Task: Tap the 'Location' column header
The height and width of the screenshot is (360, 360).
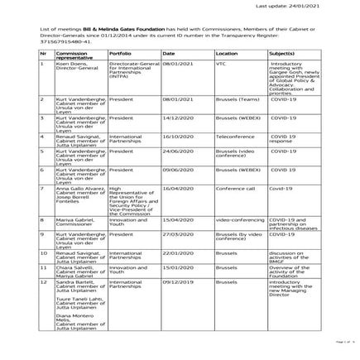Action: point(226,52)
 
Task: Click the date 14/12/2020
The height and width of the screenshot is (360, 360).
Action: point(178,118)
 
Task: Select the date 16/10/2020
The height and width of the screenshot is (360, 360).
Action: point(178,137)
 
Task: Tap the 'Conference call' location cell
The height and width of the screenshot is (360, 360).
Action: point(234,189)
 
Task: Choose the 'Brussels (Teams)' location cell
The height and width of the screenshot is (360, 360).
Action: point(237,98)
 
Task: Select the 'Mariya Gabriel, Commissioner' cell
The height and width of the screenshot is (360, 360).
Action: point(71,222)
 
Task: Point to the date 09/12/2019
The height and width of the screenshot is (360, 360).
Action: point(178,281)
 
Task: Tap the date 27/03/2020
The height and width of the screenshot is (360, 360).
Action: point(178,234)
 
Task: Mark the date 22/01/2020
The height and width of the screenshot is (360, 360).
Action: point(178,252)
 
